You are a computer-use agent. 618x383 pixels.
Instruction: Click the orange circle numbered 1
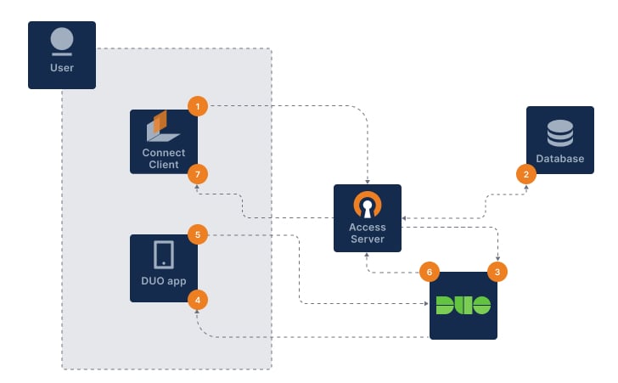(197, 106)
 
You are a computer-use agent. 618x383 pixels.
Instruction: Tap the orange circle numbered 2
(526, 174)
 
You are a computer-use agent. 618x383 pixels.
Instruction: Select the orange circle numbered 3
(497, 272)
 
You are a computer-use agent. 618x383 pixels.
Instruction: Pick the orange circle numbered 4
(197, 299)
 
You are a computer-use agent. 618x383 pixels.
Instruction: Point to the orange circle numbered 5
(197, 234)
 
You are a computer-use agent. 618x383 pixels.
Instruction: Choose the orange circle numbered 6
(430, 272)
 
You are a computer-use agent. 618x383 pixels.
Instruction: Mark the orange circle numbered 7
(197, 173)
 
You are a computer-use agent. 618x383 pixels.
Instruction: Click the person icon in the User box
(62, 41)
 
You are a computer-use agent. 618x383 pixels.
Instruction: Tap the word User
(62, 67)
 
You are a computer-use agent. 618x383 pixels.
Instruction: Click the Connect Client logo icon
(162, 127)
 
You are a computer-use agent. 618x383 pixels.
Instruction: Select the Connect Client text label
(163, 159)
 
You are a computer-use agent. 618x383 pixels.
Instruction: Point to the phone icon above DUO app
(163, 254)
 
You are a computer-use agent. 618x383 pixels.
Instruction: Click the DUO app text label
(163, 281)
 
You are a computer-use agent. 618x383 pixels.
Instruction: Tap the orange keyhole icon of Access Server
(367, 205)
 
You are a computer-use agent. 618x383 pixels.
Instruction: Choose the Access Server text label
(367, 233)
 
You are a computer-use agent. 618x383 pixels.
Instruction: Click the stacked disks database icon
(559, 132)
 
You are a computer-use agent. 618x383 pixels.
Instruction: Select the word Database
(559, 159)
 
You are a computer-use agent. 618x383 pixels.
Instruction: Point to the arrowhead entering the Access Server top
(367, 181)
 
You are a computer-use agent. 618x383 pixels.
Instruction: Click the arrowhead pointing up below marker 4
(197, 313)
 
